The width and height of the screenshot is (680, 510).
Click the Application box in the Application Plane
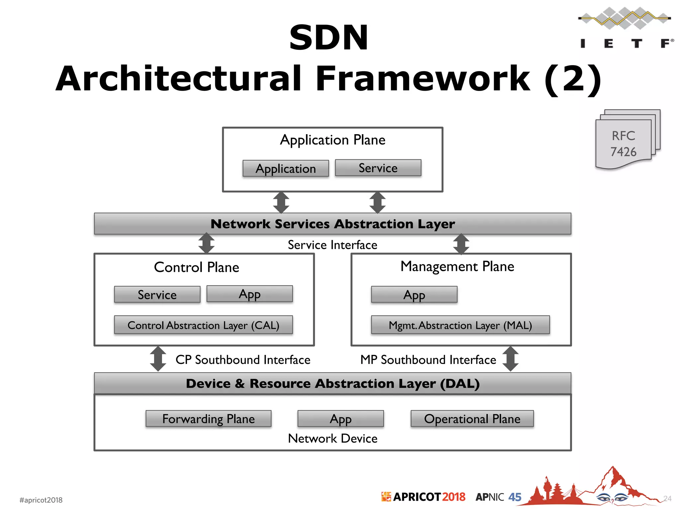(286, 168)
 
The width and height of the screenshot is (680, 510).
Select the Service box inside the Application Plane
(378, 168)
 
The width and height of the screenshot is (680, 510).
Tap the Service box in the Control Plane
(157, 295)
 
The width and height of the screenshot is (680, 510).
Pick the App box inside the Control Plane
(249, 294)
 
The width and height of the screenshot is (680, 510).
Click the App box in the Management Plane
(414, 295)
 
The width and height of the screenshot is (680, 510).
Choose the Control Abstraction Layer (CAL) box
(203, 325)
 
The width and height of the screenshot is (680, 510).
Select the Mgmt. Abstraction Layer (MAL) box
(460, 325)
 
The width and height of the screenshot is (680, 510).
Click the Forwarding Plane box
(208, 419)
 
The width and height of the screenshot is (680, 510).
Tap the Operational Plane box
(472, 419)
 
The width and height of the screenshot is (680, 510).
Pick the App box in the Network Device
(340, 419)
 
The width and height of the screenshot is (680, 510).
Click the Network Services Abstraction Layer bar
(332, 224)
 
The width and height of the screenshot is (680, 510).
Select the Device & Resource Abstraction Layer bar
(332, 383)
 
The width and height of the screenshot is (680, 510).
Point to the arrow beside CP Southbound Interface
(158, 359)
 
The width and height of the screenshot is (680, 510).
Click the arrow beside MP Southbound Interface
(510, 359)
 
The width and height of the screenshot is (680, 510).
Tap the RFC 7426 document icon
(626, 141)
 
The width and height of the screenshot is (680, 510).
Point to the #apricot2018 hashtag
(41, 500)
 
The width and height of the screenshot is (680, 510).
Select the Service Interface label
(332, 245)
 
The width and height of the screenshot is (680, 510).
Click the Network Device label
(332, 439)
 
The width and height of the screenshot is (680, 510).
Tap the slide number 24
(667, 498)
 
